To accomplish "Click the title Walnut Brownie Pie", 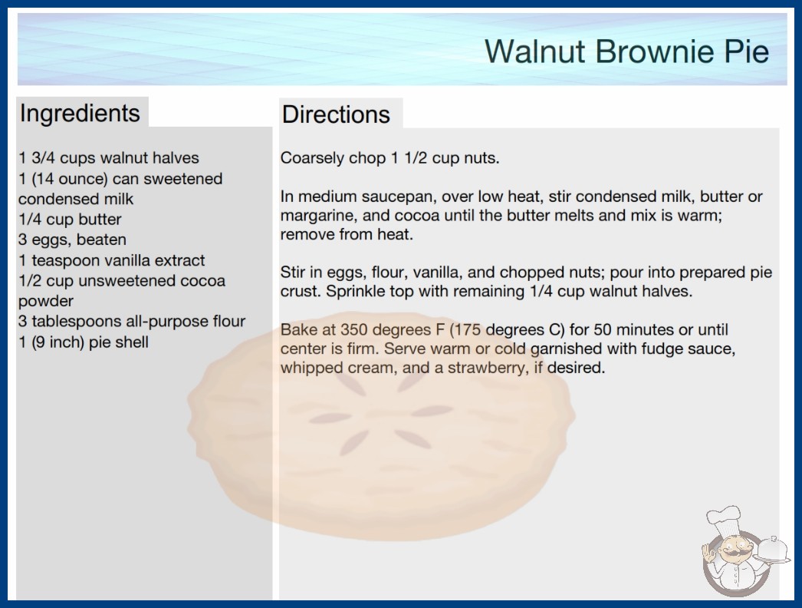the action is click(626, 51).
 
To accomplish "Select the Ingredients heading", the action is click(80, 114).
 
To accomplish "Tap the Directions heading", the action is click(336, 114).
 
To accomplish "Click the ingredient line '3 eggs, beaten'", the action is click(72, 240).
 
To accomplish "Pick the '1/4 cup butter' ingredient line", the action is click(70, 220).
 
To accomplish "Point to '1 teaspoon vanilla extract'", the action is click(111, 260).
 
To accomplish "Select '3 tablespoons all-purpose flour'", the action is click(132, 321).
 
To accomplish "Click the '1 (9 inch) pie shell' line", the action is click(84, 342).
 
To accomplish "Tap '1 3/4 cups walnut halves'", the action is click(108, 158).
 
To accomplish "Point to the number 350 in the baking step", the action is click(354, 329).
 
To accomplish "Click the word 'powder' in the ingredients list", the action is click(46, 301).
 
